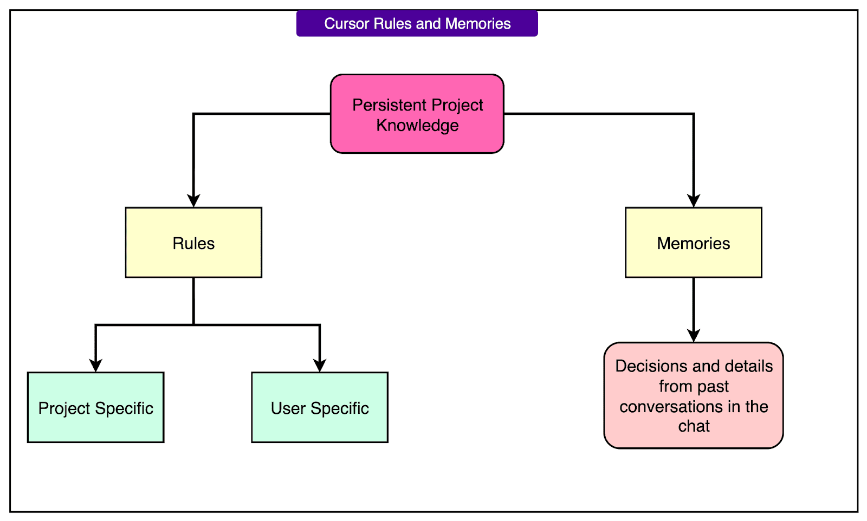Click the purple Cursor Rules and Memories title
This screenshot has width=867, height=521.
pos(417,23)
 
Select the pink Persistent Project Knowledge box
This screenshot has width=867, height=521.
pos(417,114)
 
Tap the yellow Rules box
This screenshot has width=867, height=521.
pos(193,243)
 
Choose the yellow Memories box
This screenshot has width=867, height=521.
pos(693,243)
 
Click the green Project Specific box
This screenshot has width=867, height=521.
pos(95,407)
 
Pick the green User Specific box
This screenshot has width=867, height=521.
pos(320,407)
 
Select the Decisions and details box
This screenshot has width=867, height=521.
pos(693,395)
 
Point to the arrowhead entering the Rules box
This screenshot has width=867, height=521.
pos(193,201)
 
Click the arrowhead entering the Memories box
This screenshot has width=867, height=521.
pos(693,201)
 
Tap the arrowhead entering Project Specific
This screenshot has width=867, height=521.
pos(95,366)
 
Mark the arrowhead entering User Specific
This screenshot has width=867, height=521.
pos(320,366)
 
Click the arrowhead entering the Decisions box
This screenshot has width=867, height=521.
pos(693,336)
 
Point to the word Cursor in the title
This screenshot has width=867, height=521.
pos(346,24)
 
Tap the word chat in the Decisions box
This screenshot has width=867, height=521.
pos(694,426)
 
